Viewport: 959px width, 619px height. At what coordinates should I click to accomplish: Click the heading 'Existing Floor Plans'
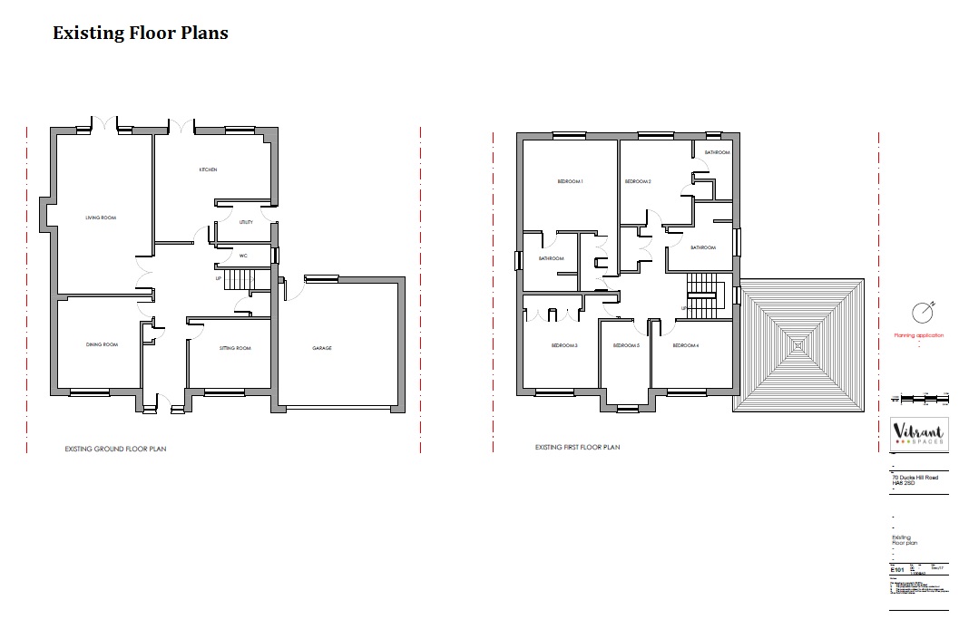[141, 34]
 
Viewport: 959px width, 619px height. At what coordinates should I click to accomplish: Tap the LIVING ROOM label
[101, 218]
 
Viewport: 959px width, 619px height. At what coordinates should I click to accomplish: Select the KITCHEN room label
[208, 170]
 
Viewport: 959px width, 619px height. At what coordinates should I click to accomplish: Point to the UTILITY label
[246, 222]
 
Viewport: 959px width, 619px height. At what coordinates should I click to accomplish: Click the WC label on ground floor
[243, 256]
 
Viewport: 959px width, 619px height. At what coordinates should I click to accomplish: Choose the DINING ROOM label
[102, 344]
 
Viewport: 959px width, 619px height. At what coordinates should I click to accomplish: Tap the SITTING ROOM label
[235, 348]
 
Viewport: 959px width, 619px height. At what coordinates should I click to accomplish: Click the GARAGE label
[322, 348]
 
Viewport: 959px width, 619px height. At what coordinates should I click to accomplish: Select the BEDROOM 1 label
[570, 182]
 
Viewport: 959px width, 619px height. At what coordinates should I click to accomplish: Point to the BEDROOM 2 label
[638, 182]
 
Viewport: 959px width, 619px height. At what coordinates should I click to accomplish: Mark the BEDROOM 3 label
[564, 345]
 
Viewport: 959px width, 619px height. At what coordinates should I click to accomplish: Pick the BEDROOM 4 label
[685, 345]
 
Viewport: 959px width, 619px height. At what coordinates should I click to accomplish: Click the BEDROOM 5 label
[626, 345]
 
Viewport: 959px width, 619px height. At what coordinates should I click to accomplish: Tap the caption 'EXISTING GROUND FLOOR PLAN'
[115, 449]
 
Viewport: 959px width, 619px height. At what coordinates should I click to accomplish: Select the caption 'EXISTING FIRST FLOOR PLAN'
[577, 447]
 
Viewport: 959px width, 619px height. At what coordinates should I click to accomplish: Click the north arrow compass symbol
[923, 311]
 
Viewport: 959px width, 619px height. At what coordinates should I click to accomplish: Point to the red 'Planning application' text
[918, 335]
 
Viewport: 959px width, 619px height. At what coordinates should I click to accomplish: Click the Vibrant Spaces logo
[918, 436]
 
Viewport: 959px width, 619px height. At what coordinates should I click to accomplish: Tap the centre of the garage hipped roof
[798, 344]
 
